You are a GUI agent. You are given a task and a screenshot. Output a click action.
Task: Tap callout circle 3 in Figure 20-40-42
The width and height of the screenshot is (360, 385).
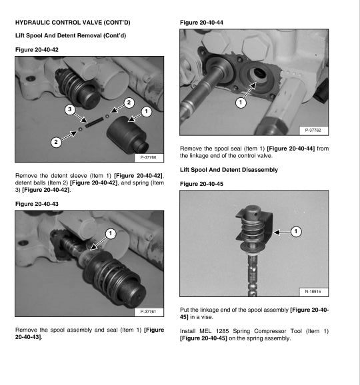pyautogui.click(x=69, y=109)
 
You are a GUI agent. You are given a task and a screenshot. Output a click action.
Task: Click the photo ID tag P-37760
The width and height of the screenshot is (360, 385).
pyautogui.click(x=149, y=158)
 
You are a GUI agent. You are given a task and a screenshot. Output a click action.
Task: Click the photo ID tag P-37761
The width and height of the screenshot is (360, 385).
pyautogui.click(x=149, y=311)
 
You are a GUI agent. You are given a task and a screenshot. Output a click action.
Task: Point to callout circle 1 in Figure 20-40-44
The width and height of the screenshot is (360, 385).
pyautogui.click(x=240, y=103)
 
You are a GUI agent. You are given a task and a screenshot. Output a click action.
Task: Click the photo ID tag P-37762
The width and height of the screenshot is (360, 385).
pyautogui.click(x=315, y=131)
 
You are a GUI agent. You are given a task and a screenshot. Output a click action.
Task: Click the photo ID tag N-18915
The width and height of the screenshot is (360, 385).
pyautogui.click(x=315, y=291)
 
